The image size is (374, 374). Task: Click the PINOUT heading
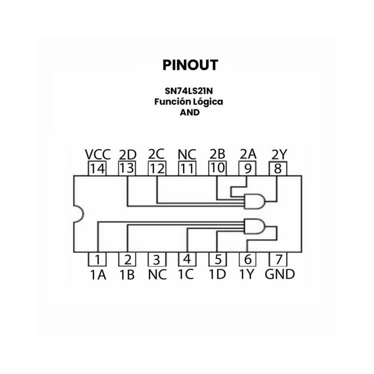190,65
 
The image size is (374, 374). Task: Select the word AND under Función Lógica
189,112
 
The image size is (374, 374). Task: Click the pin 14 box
97,168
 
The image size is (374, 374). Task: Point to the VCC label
98,154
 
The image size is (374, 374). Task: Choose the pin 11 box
187,168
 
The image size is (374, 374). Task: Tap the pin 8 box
278,168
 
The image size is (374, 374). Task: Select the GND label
280,274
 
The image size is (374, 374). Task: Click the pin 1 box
97,259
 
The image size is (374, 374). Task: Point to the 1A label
98,274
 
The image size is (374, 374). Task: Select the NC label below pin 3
157,274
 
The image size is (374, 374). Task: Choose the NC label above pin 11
187,154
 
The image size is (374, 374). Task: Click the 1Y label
246,274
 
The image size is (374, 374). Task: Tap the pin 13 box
127,168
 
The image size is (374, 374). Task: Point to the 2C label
157,154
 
